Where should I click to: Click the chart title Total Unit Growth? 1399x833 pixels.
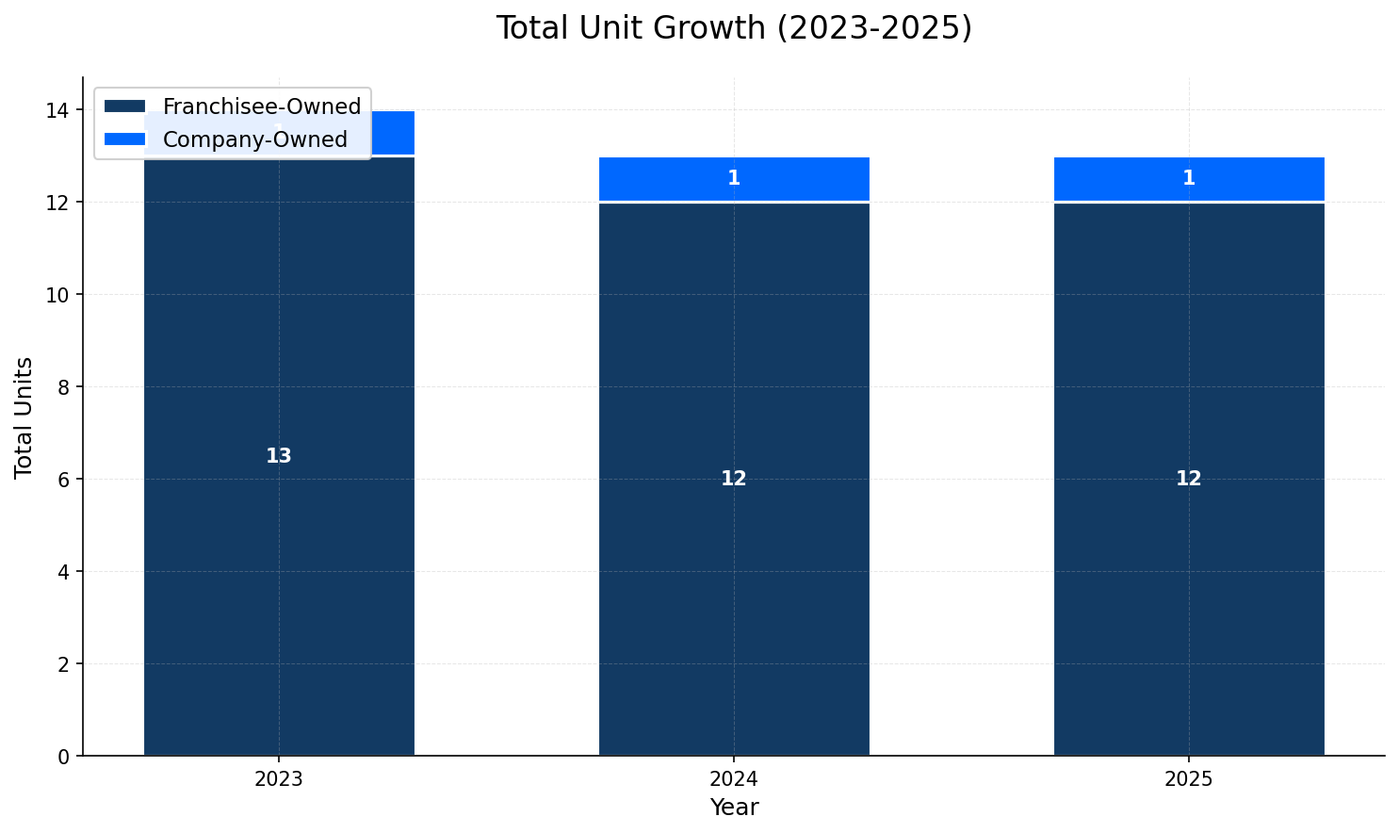click(733, 28)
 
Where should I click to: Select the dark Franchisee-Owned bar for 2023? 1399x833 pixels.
click(279, 565)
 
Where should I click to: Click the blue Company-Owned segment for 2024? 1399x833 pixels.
click(659, 179)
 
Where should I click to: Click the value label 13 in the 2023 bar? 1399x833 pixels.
click(279, 456)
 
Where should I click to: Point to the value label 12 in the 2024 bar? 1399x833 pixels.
click(734, 479)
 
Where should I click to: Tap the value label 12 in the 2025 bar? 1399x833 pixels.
click(1189, 479)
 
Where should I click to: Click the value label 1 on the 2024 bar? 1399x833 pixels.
click(734, 178)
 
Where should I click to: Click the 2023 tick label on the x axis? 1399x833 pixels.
click(279, 779)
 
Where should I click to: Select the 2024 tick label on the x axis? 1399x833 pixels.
click(734, 779)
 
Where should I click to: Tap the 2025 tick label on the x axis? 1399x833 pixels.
click(1189, 779)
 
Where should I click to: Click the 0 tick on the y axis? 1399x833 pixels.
click(64, 756)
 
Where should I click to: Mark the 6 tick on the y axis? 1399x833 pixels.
click(64, 480)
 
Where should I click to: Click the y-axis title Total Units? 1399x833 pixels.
click(24, 416)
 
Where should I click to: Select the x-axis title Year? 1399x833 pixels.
click(734, 808)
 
